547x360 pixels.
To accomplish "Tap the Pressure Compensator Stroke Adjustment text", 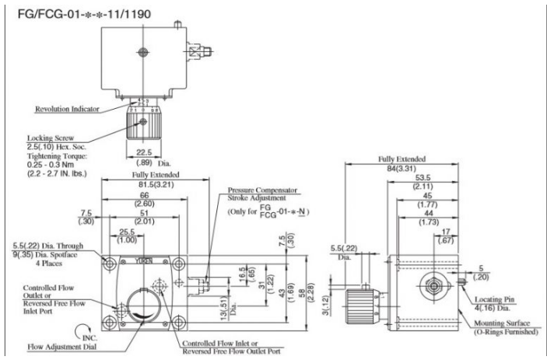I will click(266, 194).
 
